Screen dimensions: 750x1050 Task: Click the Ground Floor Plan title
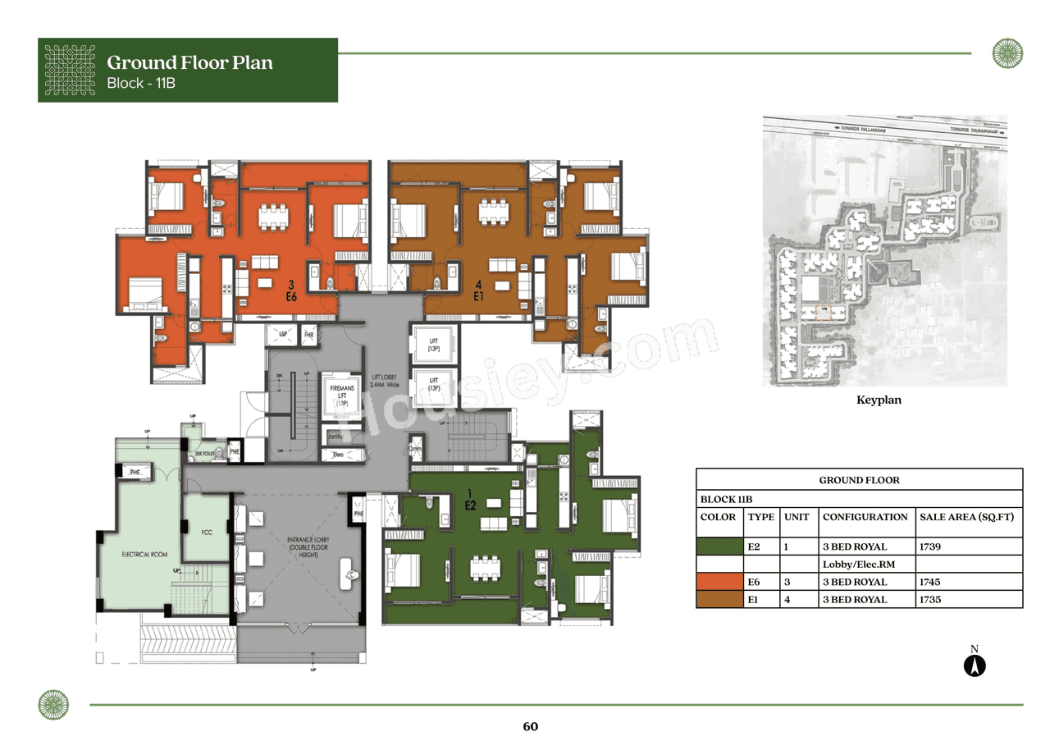tap(189, 62)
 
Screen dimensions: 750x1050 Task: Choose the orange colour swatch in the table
tap(719, 582)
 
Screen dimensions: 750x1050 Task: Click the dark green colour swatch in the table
tap(719, 546)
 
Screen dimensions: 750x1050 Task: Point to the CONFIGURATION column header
tap(865, 517)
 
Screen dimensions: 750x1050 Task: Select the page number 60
tap(530, 726)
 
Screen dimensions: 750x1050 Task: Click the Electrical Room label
tap(144, 555)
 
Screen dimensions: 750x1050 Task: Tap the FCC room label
tap(207, 533)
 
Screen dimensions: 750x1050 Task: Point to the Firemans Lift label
tap(341, 395)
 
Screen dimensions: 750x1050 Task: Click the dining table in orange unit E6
tap(275, 215)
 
